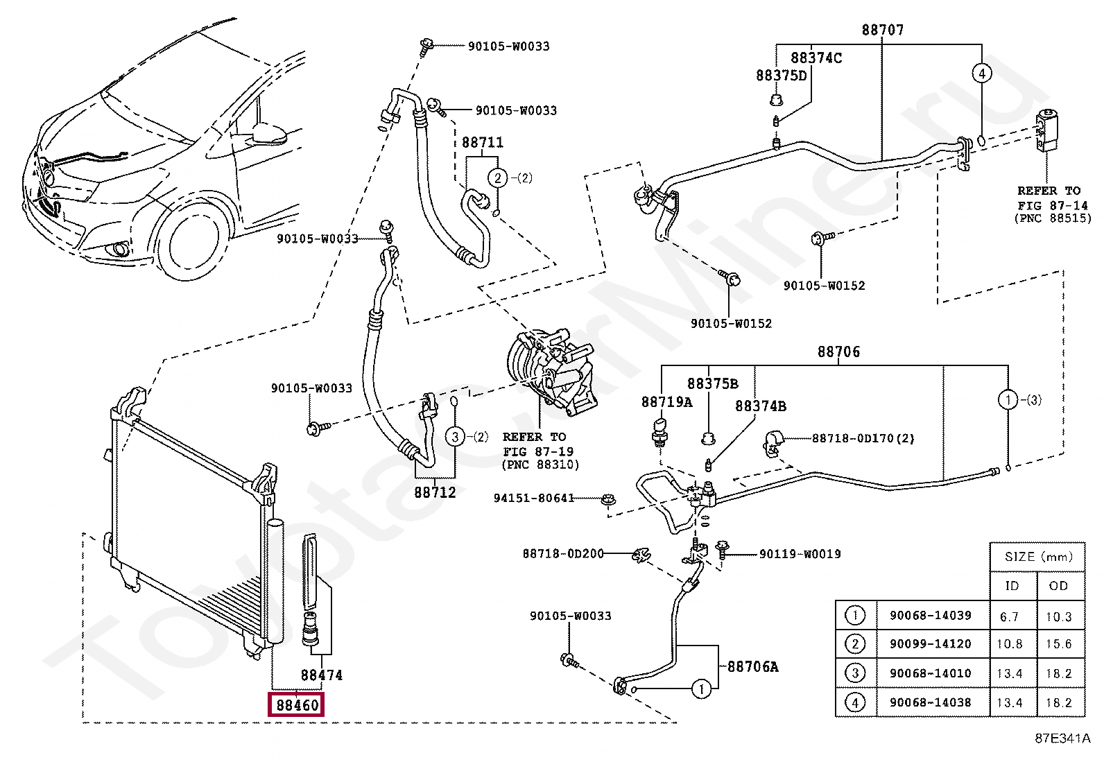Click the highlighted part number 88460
coord(297,705)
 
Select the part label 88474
coord(321,674)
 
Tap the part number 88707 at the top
coord(883,30)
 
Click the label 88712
coord(435,492)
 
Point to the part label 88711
coord(483,143)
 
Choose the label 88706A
coord(752,667)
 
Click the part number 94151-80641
coord(534,498)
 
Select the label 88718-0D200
coord(562,553)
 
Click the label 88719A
coord(666,402)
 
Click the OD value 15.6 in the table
coord(1059,644)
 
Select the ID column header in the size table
coord(1012,586)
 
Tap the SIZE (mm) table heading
coord(1038,557)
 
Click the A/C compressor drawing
coord(548,374)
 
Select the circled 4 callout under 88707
coord(981,73)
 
